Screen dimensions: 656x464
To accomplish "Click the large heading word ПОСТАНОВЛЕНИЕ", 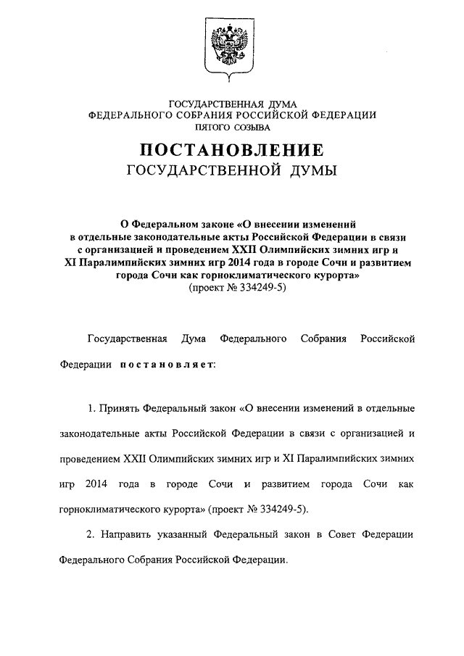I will point(231,150).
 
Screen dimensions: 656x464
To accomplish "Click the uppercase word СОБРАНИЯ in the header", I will point(218,115).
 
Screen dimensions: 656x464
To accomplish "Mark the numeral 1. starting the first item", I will point(91,408).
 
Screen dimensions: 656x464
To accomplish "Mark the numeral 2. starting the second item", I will point(91,534).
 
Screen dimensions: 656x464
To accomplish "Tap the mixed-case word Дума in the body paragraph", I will point(194,339).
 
